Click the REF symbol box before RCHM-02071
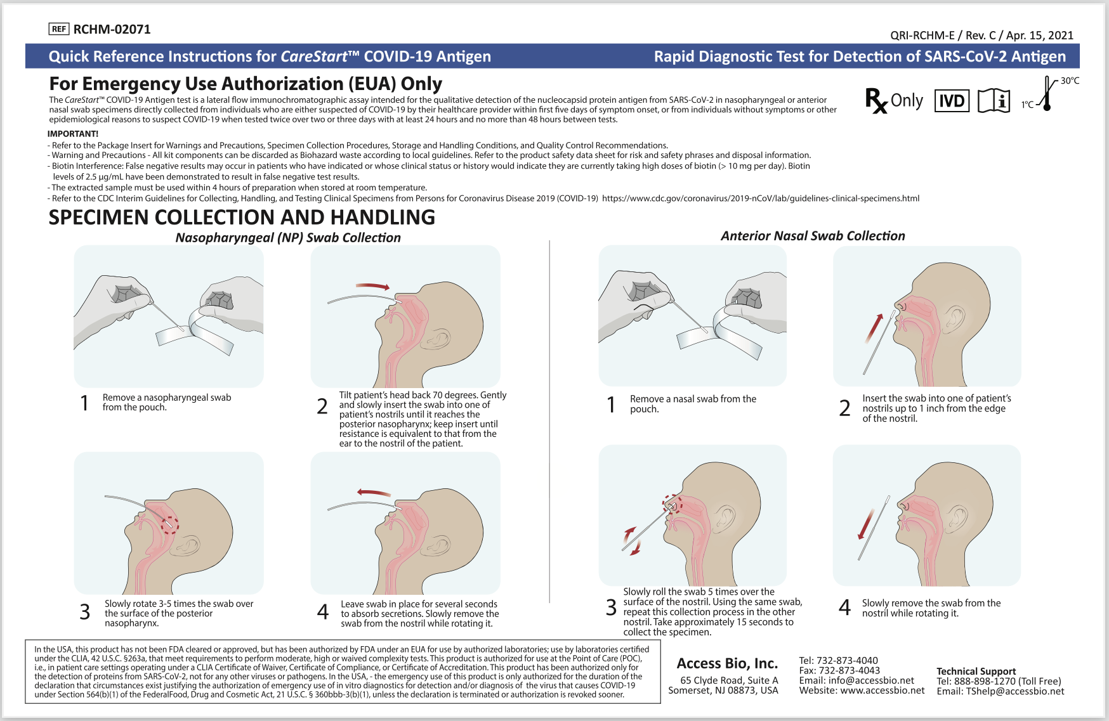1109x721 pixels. click(x=58, y=29)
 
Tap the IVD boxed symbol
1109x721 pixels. click(x=952, y=101)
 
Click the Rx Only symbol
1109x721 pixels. click(x=894, y=101)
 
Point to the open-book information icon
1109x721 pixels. click(x=994, y=101)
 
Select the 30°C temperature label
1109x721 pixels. click(x=1070, y=81)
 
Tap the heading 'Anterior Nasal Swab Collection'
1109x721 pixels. click(x=813, y=236)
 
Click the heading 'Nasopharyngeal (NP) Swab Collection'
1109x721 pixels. click(x=288, y=238)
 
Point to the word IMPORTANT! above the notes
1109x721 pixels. click(x=73, y=134)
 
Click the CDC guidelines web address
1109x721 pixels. click(x=760, y=198)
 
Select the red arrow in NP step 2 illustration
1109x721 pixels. click(x=372, y=287)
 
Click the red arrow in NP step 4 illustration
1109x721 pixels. click(x=374, y=493)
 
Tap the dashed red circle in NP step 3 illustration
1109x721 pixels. click(x=169, y=524)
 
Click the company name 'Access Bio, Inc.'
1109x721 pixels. click(x=727, y=663)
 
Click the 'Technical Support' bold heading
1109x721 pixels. click(x=976, y=671)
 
